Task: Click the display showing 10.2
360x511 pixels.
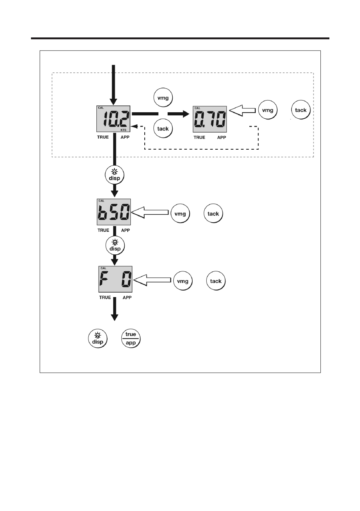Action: (113, 119)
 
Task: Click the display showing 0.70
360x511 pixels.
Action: (210, 119)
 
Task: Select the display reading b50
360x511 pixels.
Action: (114, 212)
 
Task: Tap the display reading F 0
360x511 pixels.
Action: (115, 279)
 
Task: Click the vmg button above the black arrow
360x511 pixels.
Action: (163, 98)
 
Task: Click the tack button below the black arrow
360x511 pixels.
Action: (163, 129)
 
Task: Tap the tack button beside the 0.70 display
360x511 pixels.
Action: (301, 110)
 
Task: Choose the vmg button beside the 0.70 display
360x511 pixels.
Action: (268, 110)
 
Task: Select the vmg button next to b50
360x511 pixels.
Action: (180, 214)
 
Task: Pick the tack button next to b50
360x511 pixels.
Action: (213, 214)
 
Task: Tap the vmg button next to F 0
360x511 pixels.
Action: (182, 281)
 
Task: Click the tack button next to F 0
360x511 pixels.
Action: (216, 281)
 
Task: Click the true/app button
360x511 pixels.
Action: (131, 339)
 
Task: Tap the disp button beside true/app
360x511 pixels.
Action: (97, 339)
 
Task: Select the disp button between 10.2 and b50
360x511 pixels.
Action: (114, 175)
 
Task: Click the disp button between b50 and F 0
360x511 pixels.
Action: (115, 245)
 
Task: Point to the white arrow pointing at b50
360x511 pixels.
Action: (150, 212)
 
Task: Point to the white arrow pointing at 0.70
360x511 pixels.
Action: (242, 110)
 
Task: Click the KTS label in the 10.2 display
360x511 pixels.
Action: (124, 130)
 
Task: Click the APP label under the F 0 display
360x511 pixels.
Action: (127, 297)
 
